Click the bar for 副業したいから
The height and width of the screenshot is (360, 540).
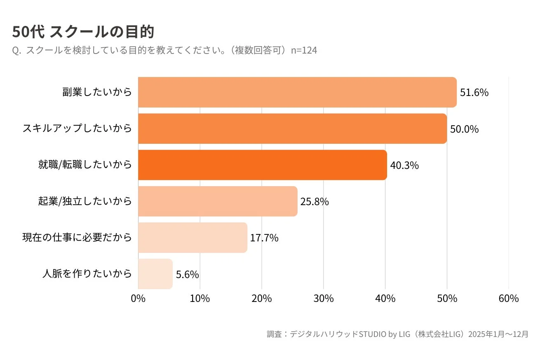click(x=297, y=92)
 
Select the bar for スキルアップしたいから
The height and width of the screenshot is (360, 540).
click(x=292, y=129)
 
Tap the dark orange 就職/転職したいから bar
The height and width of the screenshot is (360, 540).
click(x=262, y=165)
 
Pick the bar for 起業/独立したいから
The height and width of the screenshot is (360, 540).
click(x=217, y=201)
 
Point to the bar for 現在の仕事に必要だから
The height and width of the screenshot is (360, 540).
click(x=193, y=238)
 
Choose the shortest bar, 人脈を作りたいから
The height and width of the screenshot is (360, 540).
click(x=155, y=274)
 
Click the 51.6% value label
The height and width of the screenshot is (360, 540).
click(x=474, y=93)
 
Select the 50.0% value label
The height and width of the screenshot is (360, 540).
click(x=464, y=129)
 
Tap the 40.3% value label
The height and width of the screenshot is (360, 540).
click(x=404, y=166)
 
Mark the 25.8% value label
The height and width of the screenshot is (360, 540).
click(x=315, y=202)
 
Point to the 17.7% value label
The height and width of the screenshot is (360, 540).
click(x=264, y=238)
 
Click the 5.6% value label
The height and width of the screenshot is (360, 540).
click(x=188, y=274)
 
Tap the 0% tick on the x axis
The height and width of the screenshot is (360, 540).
click(x=138, y=299)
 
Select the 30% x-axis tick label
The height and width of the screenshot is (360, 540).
click(x=324, y=299)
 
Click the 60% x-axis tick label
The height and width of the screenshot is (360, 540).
click(x=509, y=299)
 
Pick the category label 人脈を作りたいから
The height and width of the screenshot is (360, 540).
click(x=87, y=274)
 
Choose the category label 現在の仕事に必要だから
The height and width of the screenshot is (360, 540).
click(x=77, y=237)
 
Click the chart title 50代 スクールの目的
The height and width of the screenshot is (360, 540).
click(x=83, y=32)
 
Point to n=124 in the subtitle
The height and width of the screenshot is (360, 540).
click(x=304, y=50)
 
